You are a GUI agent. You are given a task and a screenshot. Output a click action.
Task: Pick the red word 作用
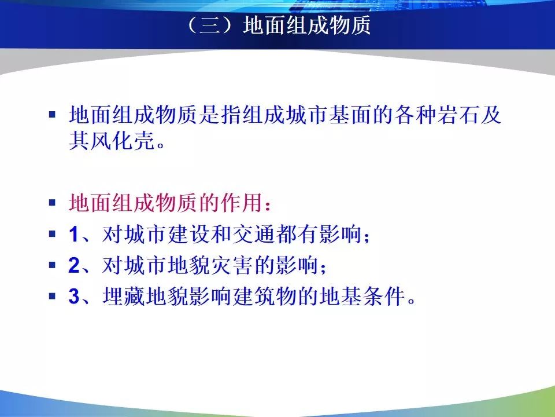[242, 203]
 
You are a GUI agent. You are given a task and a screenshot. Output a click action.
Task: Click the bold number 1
[73, 235]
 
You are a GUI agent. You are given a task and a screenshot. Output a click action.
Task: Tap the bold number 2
[74, 265]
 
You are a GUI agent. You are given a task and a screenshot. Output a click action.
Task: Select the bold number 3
[74, 297]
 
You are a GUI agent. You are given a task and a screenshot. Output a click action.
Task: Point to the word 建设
[190, 234]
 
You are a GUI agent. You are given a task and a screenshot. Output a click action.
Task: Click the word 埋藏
[125, 296]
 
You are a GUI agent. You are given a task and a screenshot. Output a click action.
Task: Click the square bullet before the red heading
[53, 203]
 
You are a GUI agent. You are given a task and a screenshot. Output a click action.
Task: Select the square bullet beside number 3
[53, 296]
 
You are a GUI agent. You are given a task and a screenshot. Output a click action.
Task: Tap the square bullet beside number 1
[53, 234]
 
